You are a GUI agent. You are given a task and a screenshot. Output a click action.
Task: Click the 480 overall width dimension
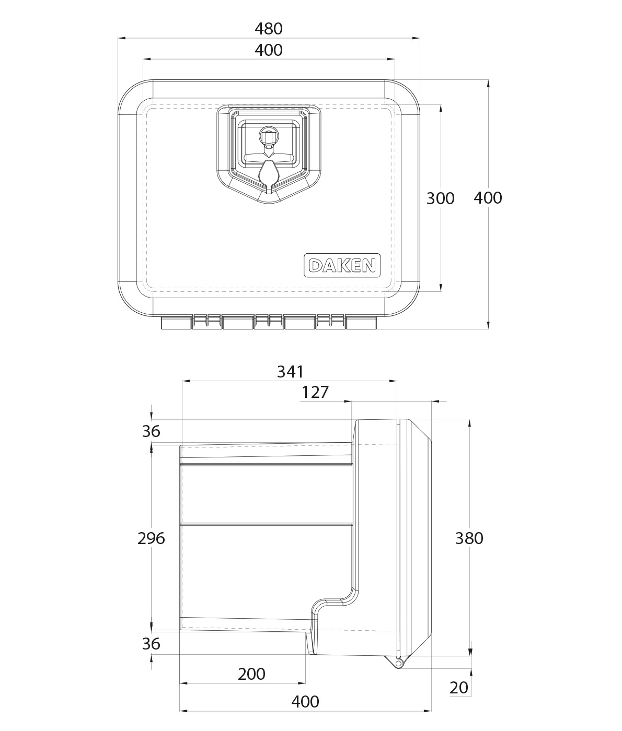[x=269, y=29]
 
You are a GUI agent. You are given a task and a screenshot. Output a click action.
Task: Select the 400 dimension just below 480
[x=269, y=50]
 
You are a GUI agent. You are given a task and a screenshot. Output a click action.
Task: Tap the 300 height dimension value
[x=441, y=198]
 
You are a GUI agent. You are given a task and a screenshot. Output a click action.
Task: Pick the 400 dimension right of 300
[x=488, y=198]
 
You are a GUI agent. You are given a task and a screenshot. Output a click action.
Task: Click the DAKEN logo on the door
[x=342, y=265]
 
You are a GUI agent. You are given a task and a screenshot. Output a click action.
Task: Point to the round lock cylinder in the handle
[x=269, y=135]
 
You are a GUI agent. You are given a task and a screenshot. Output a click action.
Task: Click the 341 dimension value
[x=290, y=372]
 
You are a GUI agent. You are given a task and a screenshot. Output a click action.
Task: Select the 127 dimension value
[x=315, y=392]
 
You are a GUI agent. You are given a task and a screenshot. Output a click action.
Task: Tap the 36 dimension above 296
[x=151, y=431]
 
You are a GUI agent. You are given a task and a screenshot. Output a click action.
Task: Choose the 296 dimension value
[x=151, y=538]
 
